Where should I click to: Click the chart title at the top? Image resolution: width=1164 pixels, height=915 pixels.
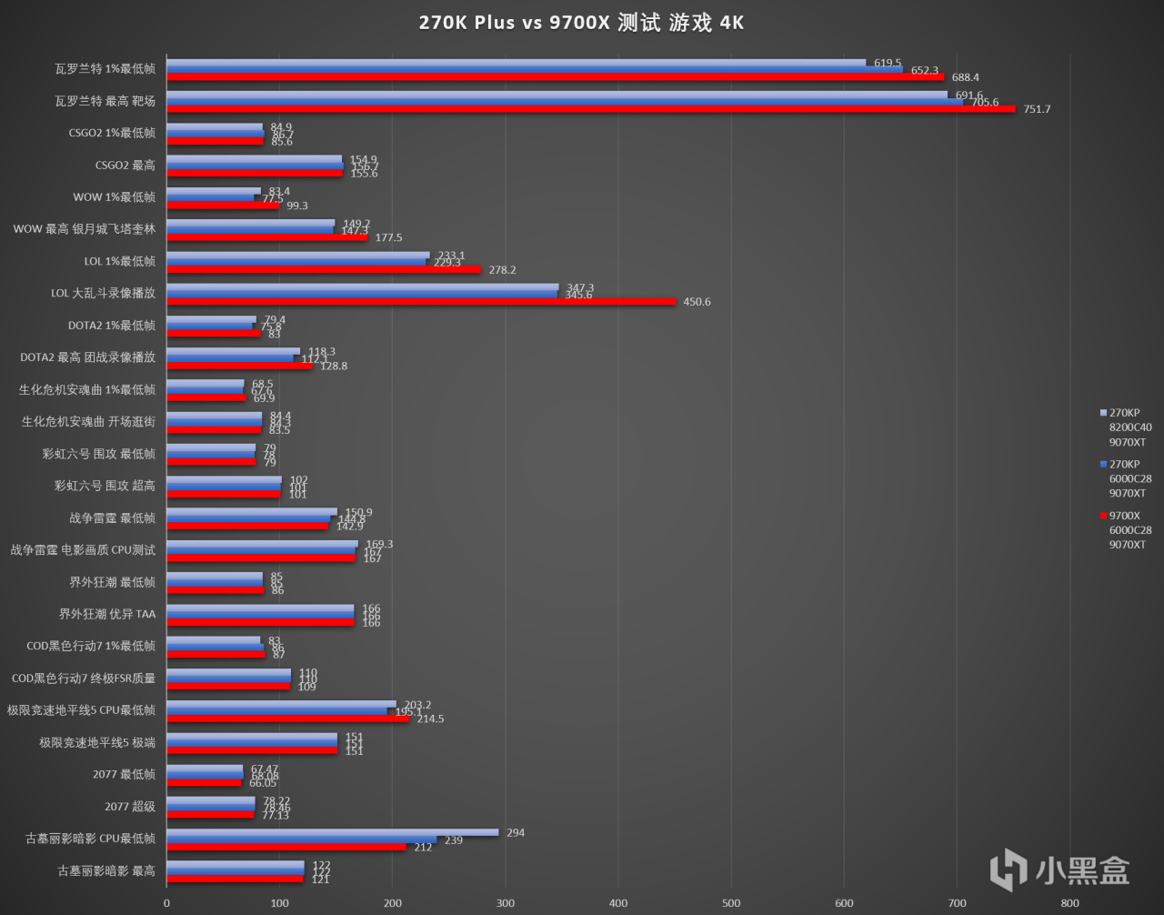(x=581, y=23)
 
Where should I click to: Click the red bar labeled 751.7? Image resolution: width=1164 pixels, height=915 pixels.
(x=591, y=109)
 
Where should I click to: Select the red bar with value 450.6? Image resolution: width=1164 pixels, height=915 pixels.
(x=421, y=301)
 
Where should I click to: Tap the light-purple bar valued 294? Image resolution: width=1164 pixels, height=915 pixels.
(x=333, y=832)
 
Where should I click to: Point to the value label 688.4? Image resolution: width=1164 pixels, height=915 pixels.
(x=964, y=77)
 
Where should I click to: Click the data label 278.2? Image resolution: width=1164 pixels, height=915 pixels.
(x=501, y=270)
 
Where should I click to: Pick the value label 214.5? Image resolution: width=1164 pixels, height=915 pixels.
(x=429, y=719)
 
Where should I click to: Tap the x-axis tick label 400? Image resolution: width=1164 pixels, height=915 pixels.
(x=618, y=903)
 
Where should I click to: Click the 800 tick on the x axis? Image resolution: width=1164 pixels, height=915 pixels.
(x=1070, y=903)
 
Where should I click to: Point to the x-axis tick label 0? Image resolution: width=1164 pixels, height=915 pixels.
(x=166, y=903)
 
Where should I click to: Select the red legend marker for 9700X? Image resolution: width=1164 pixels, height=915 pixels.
(x=1103, y=516)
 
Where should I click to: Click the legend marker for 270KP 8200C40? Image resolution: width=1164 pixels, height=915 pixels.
(x=1103, y=413)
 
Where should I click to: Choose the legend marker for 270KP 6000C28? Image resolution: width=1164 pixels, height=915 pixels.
(x=1103, y=465)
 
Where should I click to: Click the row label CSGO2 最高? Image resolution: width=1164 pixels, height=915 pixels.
(x=125, y=166)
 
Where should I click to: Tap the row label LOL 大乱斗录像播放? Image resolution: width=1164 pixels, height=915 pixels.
(x=103, y=294)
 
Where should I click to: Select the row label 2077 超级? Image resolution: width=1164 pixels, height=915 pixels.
(x=130, y=807)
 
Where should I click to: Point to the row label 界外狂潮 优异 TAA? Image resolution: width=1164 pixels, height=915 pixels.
(x=107, y=614)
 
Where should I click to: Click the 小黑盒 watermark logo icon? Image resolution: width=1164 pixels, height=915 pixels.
(x=1008, y=870)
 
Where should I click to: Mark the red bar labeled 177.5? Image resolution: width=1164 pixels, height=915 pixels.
(x=266, y=237)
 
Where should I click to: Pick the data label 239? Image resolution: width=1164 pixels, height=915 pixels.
(x=453, y=840)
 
